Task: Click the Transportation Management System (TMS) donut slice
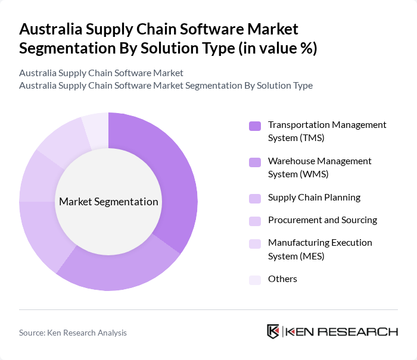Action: point(173,179)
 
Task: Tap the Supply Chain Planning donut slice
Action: point(45,238)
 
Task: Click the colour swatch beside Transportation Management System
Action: point(254,126)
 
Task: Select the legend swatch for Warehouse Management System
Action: point(254,162)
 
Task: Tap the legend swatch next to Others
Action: point(254,279)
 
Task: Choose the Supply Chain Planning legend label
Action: point(314,197)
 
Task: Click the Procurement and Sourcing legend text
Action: point(322,220)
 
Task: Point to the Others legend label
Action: point(282,279)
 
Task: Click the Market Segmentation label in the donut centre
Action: point(108,202)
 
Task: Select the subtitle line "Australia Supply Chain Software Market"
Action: point(101,73)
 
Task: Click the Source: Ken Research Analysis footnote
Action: point(73,333)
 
